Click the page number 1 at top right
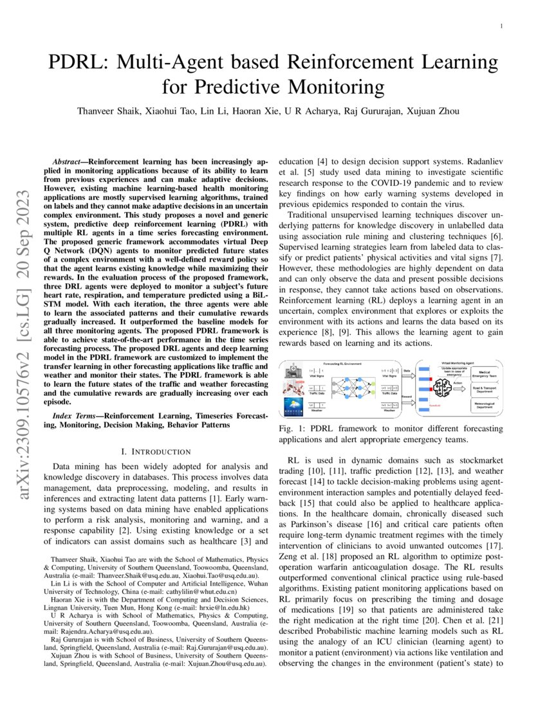[x=500, y=26]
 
